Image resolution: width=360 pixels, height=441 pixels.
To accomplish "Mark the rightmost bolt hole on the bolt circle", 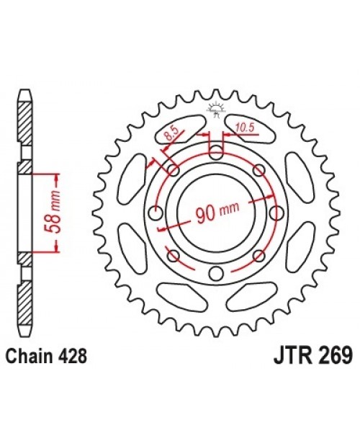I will click(276, 213).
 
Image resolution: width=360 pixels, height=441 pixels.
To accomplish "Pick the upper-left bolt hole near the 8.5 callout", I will click(173, 170).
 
